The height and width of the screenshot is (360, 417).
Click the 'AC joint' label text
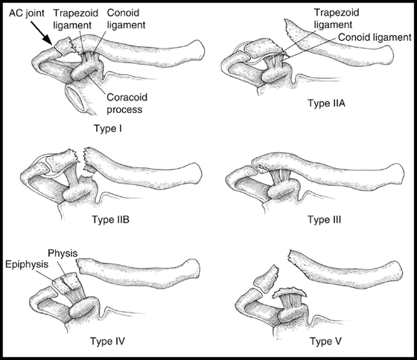27,13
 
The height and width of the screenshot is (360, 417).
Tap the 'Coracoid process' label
127,103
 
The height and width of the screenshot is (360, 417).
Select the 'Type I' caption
108,129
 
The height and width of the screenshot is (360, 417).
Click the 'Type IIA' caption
326,103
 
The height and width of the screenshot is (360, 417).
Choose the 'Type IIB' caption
111,219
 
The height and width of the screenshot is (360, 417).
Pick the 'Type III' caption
324,219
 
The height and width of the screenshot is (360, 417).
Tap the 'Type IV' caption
107,341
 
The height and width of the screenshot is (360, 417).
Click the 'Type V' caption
326,341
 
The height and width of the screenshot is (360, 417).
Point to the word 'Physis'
63,254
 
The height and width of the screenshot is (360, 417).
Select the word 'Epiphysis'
27,265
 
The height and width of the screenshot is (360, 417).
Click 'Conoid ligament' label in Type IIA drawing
375,37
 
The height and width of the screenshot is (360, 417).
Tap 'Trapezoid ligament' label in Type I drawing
76,19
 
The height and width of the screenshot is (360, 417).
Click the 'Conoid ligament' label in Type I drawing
126,19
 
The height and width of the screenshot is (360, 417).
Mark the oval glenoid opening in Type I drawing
74,98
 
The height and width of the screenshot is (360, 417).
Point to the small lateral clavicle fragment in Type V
267,279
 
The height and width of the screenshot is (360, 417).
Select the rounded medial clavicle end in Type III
398,175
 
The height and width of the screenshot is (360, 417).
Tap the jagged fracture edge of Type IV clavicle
79,267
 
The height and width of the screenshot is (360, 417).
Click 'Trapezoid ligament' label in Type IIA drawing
337,19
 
